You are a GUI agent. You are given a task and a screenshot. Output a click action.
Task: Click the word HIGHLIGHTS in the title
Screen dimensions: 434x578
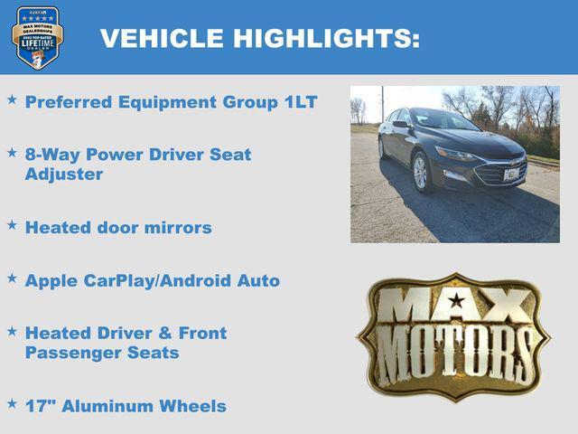tap(327, 38)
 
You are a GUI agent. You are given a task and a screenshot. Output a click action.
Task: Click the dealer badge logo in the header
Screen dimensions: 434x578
tap(37, 37)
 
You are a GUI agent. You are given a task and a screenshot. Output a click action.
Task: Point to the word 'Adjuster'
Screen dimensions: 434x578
tap(64, 174)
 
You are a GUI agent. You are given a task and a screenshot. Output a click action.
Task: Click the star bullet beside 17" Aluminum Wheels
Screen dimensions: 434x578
tap(12, 402)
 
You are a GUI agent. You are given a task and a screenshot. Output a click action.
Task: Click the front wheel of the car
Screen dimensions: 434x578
tap(420, 172)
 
